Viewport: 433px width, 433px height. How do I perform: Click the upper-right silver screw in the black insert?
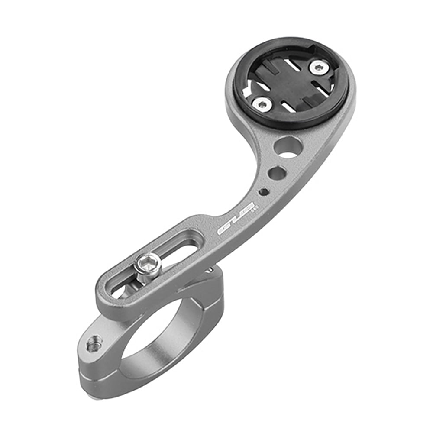319,67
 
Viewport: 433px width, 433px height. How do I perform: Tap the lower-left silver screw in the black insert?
262,103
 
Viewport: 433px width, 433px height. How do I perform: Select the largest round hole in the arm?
288,146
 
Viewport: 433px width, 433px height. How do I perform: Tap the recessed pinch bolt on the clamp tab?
95,343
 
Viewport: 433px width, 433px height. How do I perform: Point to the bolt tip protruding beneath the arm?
210,270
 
